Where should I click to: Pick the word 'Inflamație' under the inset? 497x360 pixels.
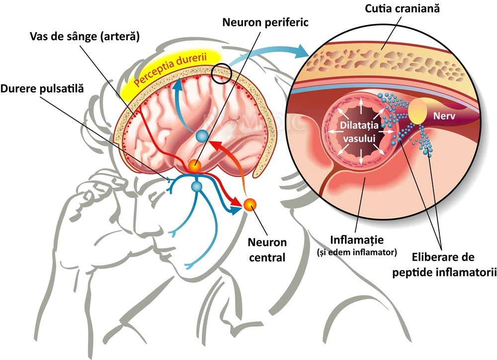click(x=357, y=241)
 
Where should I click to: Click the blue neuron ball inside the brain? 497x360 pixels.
click(x=202, y=136)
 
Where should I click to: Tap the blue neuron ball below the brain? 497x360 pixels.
click(x=197, y=187)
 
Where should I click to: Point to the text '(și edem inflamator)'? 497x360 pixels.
click(x=357, y=252)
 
